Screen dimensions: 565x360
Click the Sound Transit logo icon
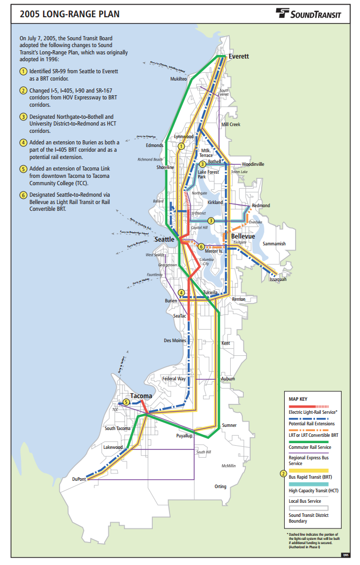point(283,14)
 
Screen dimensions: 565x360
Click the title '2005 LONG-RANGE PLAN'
point(70,14)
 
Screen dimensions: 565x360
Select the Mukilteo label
point(178,79)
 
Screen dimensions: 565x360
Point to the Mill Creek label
point(230,125)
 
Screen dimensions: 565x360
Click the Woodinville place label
point(253,164)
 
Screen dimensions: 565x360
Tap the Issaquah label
point(278,279)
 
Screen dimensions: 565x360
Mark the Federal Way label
point(174,379)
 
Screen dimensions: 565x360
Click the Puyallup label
point(184,435)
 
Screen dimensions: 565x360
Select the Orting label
point(220,487)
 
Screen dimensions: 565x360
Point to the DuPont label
point(79,479)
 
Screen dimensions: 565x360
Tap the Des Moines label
point(175,341)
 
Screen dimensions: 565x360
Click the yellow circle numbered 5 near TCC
point(126,402)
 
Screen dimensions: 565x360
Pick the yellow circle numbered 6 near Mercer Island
point(201,246)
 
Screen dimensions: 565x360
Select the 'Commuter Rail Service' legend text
point(310,447)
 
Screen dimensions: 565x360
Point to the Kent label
point(226,343)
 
